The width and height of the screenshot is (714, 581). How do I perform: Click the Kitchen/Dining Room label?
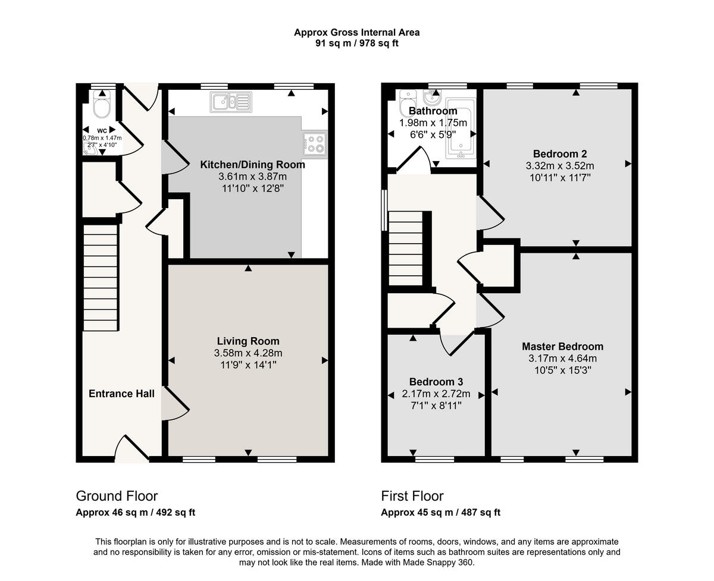point(252,165)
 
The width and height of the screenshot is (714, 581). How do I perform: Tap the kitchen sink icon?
point(230,102)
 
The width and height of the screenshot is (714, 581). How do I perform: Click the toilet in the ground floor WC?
point(103,106)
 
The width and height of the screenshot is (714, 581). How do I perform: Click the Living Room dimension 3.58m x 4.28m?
point(248,353)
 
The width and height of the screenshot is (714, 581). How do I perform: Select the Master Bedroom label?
point(562,347)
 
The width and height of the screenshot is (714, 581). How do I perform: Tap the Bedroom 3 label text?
point(436,382)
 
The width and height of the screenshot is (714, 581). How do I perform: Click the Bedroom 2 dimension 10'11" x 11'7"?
point(559,177)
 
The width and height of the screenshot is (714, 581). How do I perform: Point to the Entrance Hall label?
point(121,394)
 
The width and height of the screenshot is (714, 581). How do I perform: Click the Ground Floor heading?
point(117,496)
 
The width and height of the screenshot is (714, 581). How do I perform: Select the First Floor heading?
point(412,496)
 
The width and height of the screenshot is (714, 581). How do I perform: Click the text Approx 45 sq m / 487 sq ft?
point(440,513)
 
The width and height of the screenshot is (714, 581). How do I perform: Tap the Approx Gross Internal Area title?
point(356,32)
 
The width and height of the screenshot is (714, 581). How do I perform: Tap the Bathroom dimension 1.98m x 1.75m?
point(433,123)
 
